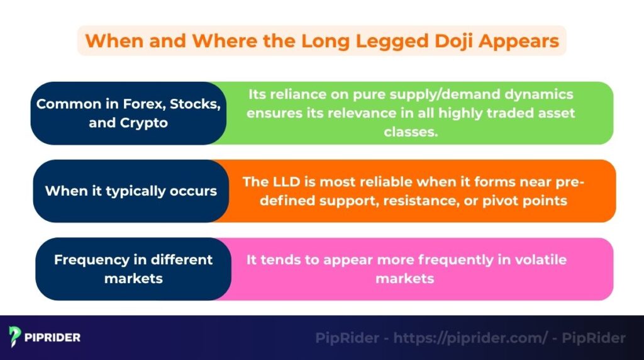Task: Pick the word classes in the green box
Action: coord(411,132)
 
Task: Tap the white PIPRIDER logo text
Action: coord(52,338)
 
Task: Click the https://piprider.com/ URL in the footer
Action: coord(470,338)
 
